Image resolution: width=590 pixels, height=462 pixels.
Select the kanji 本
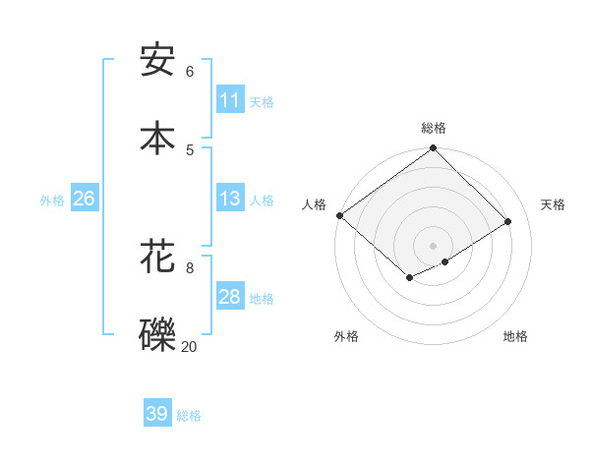(157, 138)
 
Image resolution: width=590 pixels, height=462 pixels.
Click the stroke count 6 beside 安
(190, 71)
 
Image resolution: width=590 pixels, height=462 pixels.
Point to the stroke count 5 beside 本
(190, 149)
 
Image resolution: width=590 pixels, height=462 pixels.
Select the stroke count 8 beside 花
(190, 267)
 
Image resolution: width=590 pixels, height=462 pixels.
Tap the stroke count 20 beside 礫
(189, 346)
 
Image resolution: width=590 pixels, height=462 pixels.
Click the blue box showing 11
(230, 100)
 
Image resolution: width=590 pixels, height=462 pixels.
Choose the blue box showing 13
(230, 199)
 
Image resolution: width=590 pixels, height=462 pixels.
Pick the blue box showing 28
(230, 297)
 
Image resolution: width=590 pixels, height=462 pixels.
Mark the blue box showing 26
(84, 199)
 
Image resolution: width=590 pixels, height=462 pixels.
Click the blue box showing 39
(157, 414)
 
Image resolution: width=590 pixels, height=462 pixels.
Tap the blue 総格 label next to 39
(189, 416)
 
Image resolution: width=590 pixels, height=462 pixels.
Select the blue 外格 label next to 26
(52, 201)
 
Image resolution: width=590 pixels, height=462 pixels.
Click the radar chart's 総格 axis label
(434, 128)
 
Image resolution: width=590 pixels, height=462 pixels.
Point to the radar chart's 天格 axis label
(553, 204)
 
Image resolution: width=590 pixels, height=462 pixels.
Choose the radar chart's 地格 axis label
(515, 336)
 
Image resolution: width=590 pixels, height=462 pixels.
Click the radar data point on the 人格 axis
(339, 215)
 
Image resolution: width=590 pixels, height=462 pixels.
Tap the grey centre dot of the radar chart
(433, 245)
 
